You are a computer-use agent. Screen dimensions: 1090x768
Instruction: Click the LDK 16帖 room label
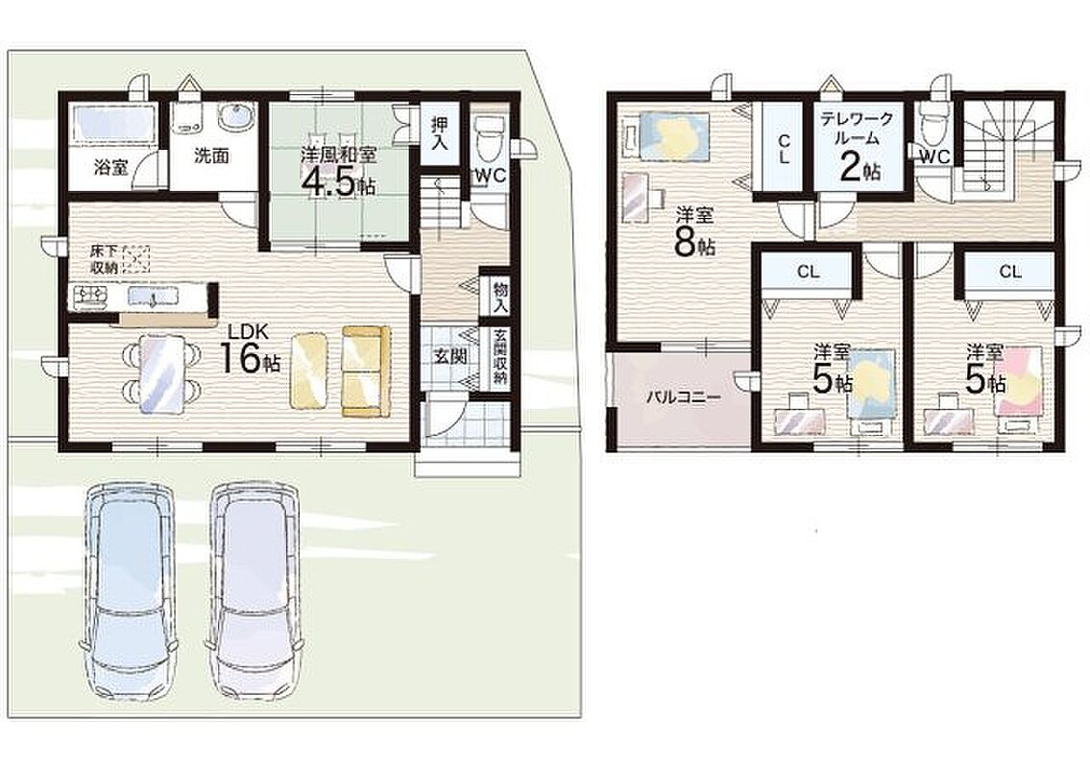coord(251,351)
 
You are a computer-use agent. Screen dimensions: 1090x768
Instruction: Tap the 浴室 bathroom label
coord(111,167)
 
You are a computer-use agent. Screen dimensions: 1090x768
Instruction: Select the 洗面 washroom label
coord(210,156)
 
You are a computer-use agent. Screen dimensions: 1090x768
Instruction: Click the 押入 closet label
coord(439,133)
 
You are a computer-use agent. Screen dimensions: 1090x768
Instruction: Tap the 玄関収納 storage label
coord(500,357)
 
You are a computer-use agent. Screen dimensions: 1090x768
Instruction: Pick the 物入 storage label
coord(500,296)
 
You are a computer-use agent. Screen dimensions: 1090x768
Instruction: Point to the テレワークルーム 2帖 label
coord(857,147)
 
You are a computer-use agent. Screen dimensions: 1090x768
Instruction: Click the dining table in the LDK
coord(162,374)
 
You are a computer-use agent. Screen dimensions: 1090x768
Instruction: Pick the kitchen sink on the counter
coord(153,297)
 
